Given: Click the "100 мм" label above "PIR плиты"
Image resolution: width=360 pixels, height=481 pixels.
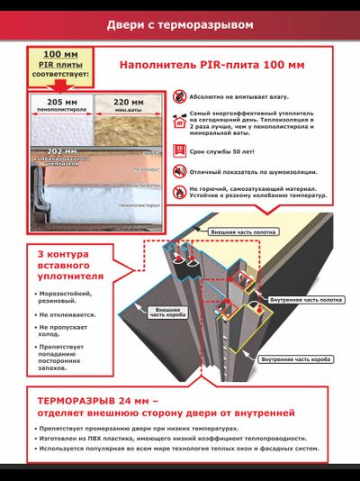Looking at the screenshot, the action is (60, 54).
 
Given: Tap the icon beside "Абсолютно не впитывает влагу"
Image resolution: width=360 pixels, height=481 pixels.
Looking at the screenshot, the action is (181, 94).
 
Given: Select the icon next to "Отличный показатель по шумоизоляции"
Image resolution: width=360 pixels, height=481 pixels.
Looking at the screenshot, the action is (181, 171).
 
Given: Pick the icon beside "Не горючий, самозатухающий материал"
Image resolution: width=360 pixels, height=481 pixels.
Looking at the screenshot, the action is (181, 192).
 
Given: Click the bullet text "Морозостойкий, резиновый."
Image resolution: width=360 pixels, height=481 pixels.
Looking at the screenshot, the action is (73, 297).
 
